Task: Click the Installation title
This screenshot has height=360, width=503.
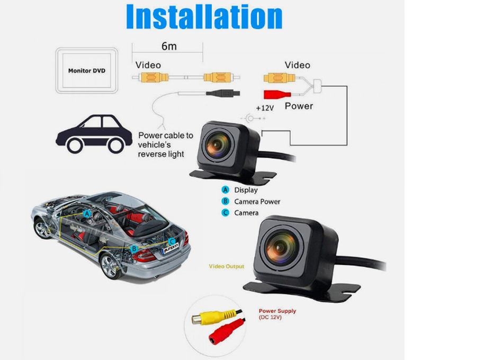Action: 204,17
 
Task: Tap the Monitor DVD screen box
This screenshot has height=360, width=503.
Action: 87,70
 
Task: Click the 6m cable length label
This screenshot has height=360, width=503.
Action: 169,46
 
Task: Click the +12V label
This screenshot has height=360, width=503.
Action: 265,107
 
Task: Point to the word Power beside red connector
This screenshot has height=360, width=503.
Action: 299,106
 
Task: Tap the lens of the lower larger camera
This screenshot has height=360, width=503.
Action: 281,248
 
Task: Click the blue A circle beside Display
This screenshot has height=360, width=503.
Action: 225,190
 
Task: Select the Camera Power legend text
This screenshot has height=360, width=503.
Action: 257,202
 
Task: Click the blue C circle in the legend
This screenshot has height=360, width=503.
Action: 225,213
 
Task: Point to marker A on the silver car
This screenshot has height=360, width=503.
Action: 87,213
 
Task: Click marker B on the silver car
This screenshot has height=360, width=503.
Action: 134,248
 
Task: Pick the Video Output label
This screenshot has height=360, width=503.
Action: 227,266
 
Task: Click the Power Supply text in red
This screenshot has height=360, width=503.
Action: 277,311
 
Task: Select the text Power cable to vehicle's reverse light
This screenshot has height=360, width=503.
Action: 165,145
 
